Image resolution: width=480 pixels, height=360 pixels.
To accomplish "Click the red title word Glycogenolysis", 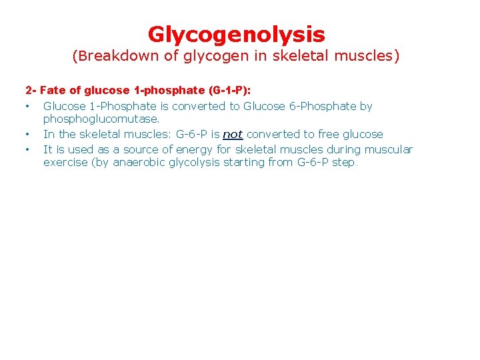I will (x=236, y=34).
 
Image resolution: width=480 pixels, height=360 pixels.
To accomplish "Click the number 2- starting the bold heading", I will (x=31, y=89).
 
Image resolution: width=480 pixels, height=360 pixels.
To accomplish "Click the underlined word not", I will (x=233, y=134).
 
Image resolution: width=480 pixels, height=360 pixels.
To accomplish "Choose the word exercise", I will (x=65, y=163).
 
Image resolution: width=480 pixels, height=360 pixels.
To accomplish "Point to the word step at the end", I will (x=345, y=163).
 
